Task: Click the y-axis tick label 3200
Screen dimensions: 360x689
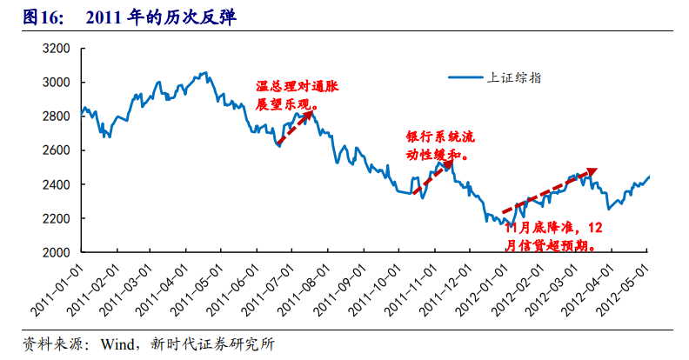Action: point(57,49)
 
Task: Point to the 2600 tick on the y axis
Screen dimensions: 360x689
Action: point(57,150)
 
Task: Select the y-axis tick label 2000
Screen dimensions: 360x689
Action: point(57,252)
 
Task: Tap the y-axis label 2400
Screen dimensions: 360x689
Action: point(57,184)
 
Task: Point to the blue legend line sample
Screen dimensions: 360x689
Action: point(465,77)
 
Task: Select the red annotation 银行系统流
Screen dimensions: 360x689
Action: point(441,138)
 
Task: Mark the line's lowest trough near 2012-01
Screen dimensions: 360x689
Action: point(510,229)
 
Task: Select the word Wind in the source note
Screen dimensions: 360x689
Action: point(117,343)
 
